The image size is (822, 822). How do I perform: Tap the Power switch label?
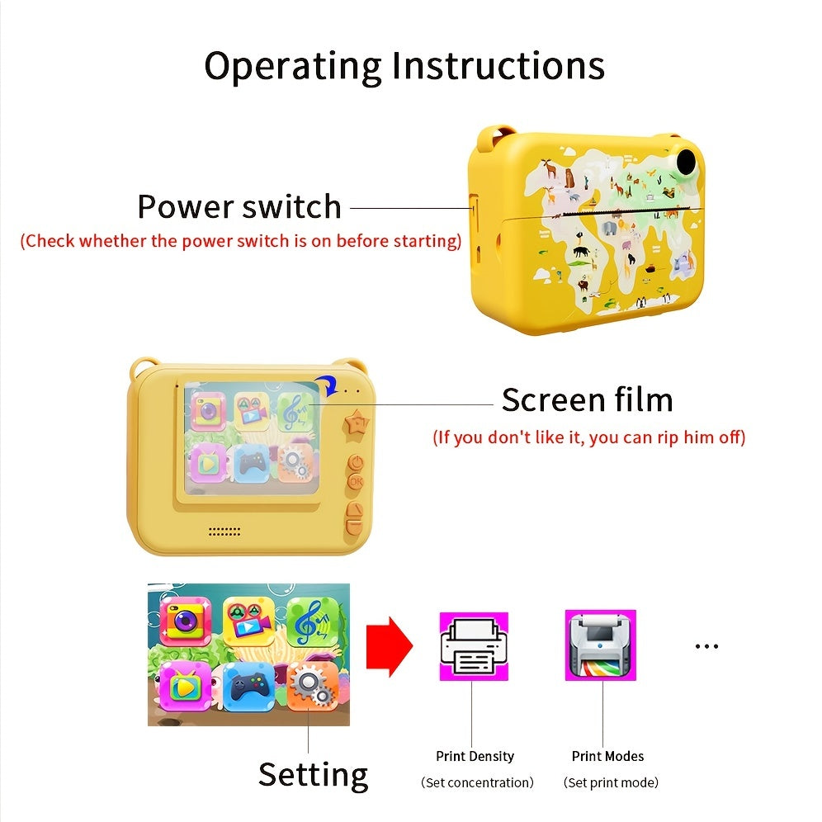pyautogui.click(x=239, y=206)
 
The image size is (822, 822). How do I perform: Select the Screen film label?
pyautogui.click(x=587, y=400)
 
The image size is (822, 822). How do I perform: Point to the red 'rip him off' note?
pyautogui.click(x=588, y=437)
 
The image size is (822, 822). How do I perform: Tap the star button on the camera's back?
pyautogui.click(x=357, y=426)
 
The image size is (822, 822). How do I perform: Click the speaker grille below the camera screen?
pyautogui.click(x=224, y=531)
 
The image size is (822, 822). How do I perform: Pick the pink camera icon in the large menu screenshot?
pyautogui.click(x=184, y=621)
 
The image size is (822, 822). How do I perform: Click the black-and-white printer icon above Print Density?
pyautogui.click(x=473, y=645)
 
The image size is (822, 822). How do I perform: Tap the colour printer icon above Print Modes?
pyautogui.click(x=600, y=645)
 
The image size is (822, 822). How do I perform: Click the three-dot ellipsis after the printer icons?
pyautogui.click(x=706, y=646)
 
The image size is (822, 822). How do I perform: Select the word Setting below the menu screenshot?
pyautogui.click(x=313, y=775)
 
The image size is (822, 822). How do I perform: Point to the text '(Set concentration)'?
pyautogui.click(x=477, y=782)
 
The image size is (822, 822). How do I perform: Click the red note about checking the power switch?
pyautogui.click(x=241, y=242)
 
